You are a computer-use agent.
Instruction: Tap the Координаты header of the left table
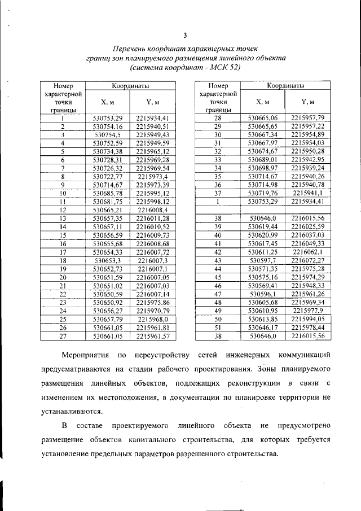click(x=130, y=86)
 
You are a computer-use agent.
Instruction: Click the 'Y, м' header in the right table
click(x=307, y=102)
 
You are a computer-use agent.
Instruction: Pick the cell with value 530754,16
click(x=107, y=127)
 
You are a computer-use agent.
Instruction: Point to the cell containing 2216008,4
click(x=152, y=210)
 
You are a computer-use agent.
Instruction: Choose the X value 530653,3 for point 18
click(x=107, y=261)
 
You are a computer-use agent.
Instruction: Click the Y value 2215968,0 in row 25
click(x=152, y=319)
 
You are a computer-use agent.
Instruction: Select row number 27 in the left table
click(x=63, y=337)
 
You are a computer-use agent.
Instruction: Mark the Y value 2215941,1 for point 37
click(x=308, y=193)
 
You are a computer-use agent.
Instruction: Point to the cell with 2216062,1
click(x=308, y=252)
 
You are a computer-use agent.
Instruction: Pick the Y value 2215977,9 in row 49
click(x=308, y=310)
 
